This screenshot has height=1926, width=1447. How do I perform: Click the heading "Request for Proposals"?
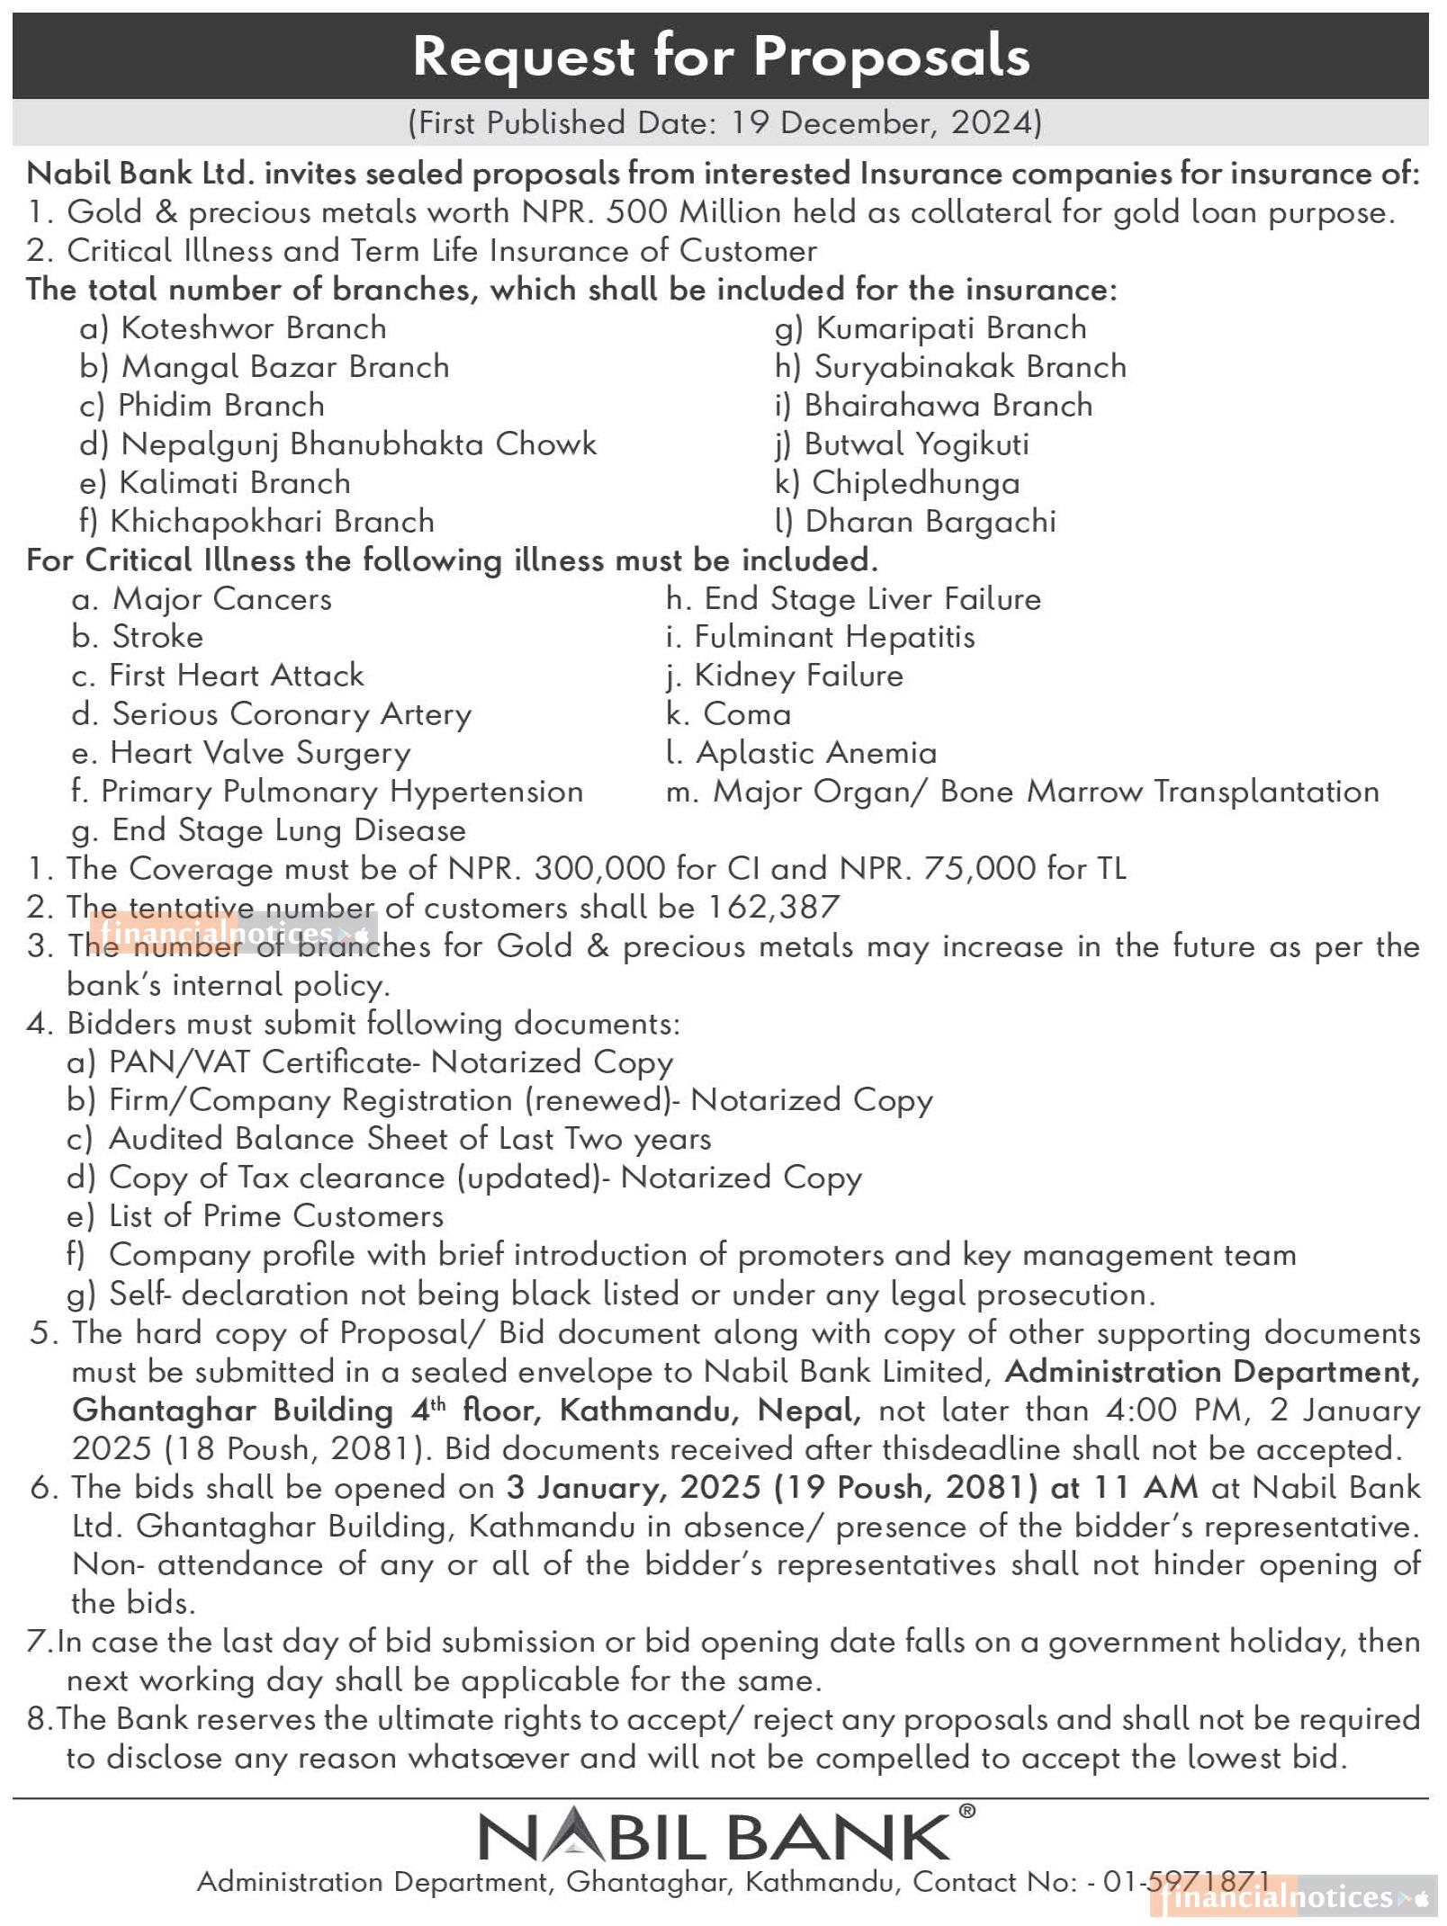[x=722, y=56]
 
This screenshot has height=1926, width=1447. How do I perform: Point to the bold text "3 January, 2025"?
[x=634, y=1487]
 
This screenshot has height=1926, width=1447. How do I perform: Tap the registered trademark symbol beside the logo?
[x=966, y=1811]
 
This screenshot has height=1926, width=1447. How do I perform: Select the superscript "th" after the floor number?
[x=438, y=1402]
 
